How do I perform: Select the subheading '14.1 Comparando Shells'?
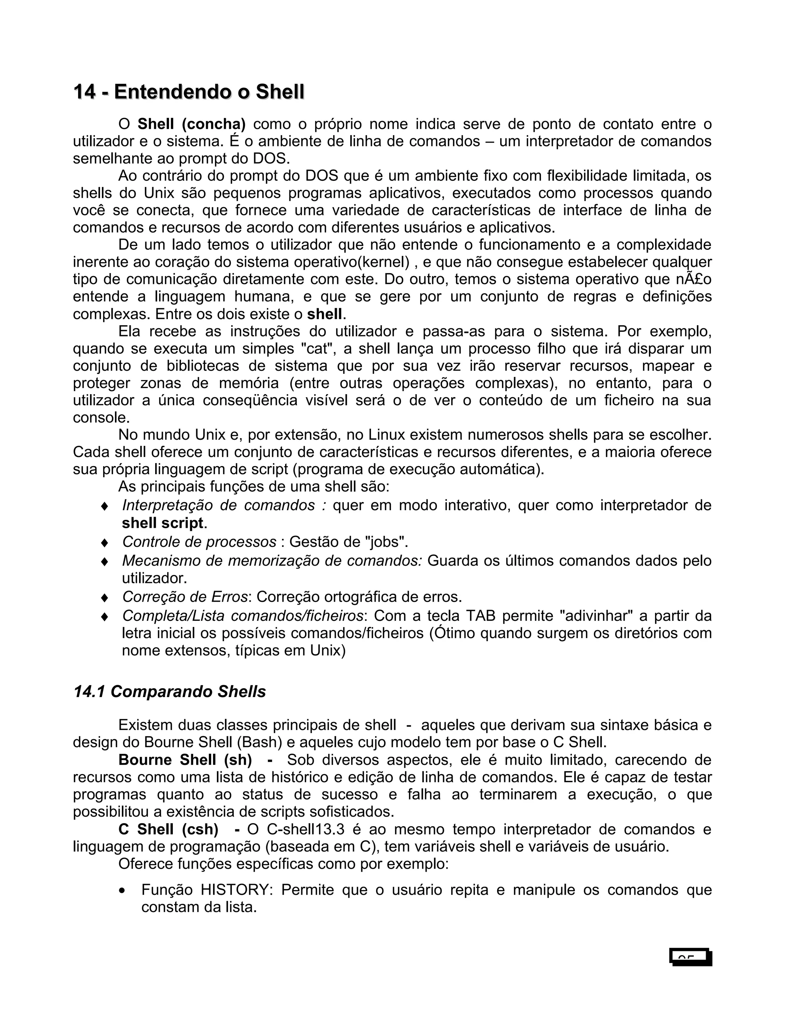click(169, 691)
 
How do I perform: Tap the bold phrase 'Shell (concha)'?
click(192, 124)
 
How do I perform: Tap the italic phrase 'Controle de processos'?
click(199, 542)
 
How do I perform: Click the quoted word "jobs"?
click(386, 542)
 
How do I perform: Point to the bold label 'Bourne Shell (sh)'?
click(185, 760)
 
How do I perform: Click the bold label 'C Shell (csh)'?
click(168, 829)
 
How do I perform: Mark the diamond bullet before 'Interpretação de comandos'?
click(105, 506)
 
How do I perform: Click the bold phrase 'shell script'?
click(162, 523)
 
